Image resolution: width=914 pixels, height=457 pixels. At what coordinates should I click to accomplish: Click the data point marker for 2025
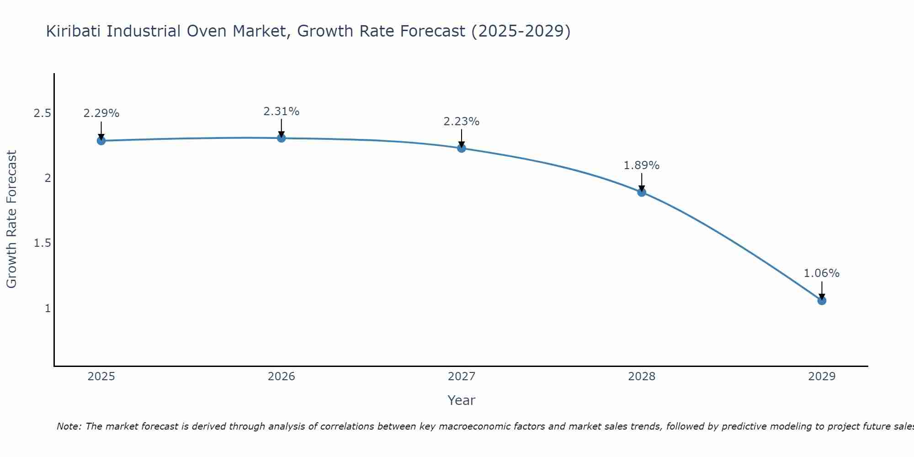101,141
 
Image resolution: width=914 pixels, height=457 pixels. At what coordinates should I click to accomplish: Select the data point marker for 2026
282,138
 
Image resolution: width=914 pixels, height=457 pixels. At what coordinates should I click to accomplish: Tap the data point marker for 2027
462,148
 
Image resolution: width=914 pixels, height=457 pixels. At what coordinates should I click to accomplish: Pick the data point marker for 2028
642,192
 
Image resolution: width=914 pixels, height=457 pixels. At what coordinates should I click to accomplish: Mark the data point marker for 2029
822,301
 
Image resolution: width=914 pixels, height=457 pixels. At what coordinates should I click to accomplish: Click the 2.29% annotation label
101,113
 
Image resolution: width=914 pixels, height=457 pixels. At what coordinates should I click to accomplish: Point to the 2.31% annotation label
282,111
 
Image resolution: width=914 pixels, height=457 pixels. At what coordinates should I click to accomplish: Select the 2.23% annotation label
462,122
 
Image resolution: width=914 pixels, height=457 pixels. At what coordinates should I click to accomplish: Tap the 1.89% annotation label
642,165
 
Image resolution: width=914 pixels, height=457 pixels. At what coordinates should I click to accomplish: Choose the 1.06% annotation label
822,273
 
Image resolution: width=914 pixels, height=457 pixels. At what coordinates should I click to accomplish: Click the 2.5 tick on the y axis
42,113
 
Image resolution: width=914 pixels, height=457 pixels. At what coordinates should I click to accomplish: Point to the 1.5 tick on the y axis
42,243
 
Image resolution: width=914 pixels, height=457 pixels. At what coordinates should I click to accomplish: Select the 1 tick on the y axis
48,308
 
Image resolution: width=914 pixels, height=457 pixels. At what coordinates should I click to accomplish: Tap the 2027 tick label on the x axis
462,377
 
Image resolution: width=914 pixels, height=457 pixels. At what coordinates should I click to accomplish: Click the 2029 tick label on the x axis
822,377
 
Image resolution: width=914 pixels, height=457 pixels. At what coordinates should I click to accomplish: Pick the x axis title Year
462,400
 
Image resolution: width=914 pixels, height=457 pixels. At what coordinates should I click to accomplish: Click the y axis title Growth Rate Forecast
12,219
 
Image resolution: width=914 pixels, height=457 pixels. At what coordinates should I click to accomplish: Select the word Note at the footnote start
69,426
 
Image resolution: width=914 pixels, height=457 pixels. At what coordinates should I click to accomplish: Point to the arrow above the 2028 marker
642,182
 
